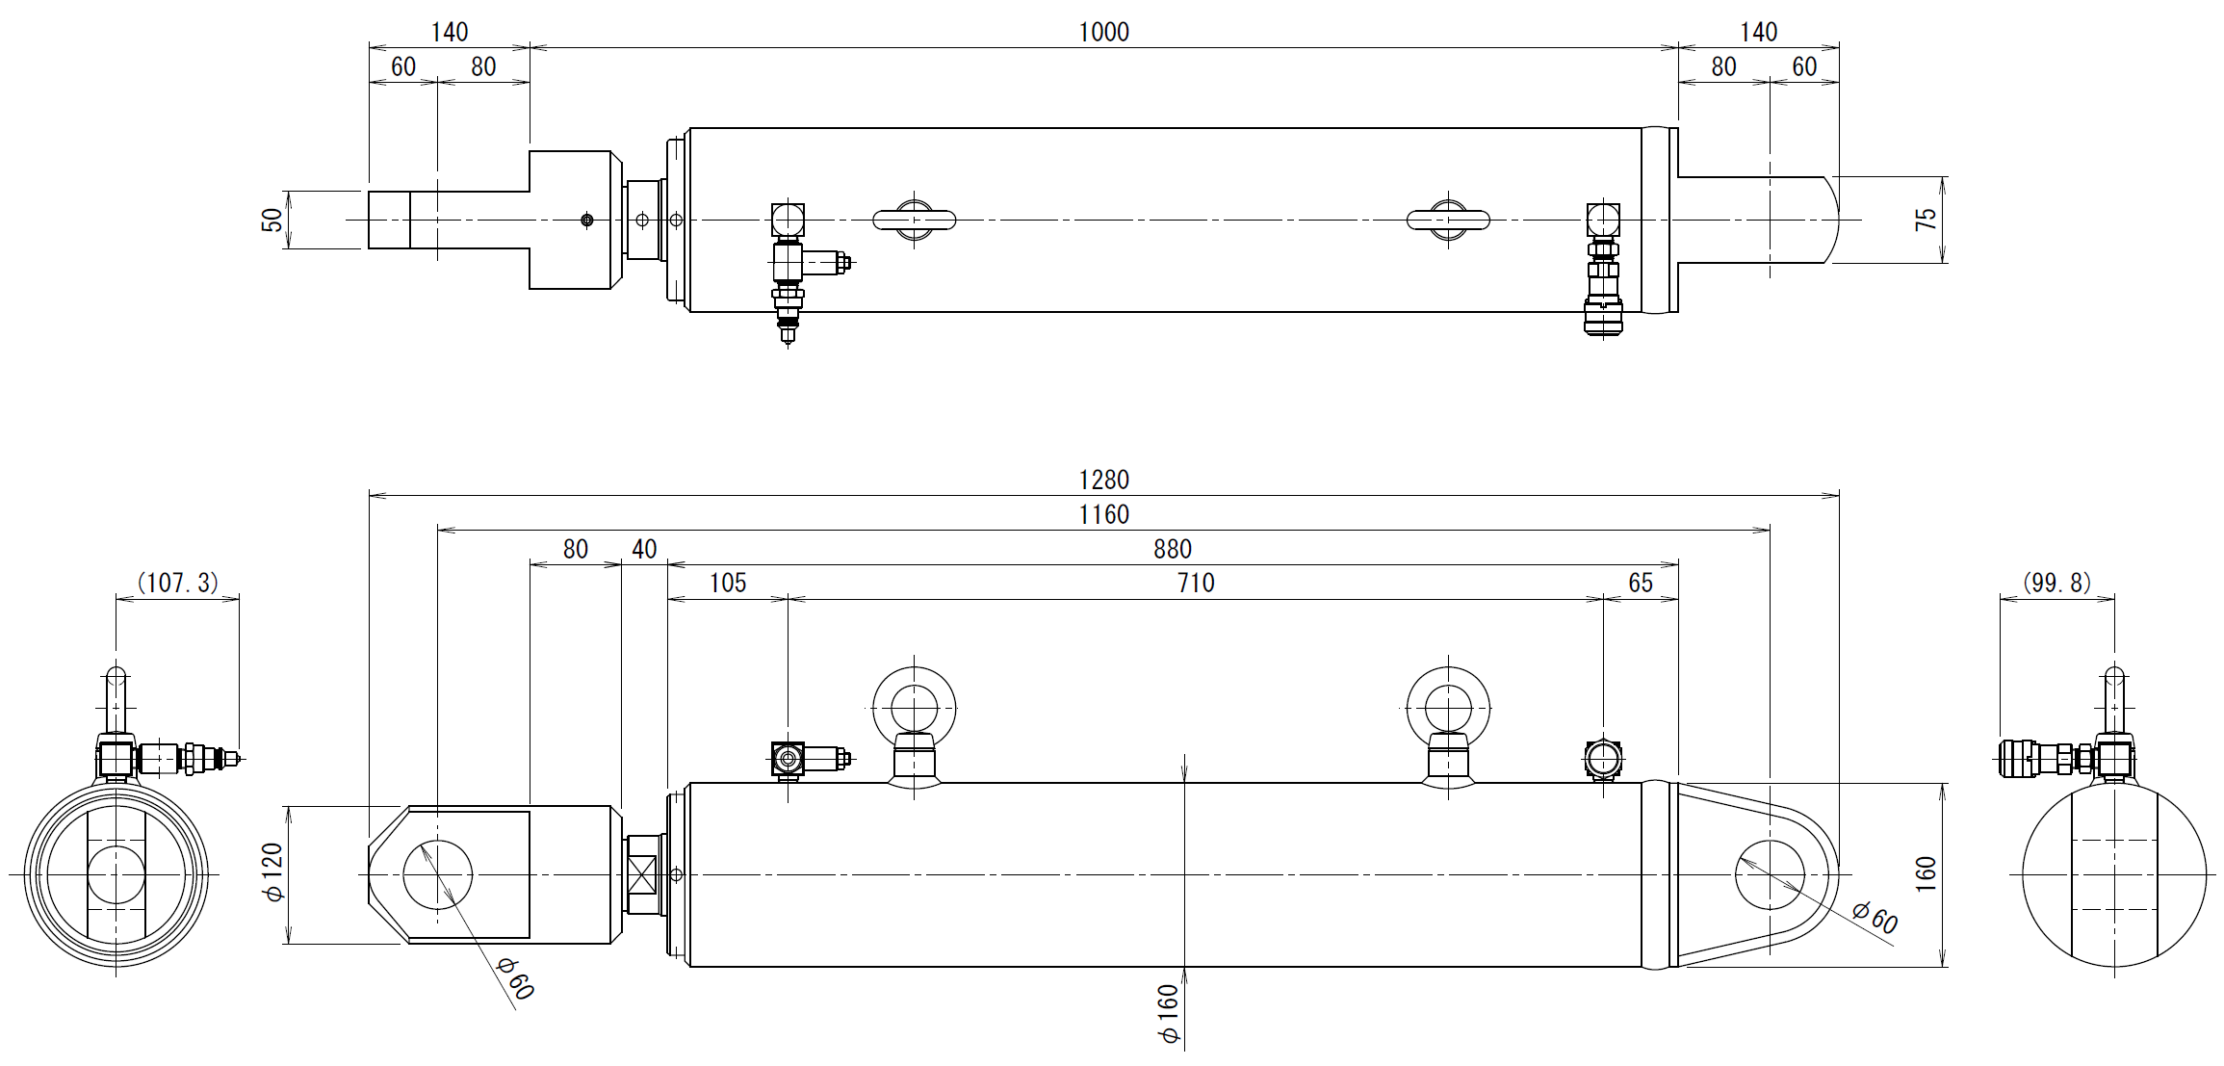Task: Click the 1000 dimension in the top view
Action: coord(1103,33)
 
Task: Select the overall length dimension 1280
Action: coord(1103,481)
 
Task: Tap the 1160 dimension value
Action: coord(1103,515)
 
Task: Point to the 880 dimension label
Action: coord(1173,550)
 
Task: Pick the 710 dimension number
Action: coord(1196,584)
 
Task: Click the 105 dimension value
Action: coord(728,584)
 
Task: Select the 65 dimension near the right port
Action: coord(1641,584)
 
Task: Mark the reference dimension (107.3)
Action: coord(178,584)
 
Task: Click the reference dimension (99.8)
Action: coord(2057,584)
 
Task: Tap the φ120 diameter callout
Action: coord(273,872)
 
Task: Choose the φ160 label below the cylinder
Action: coord(1169,1014)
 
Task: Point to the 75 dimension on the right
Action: coord(1926,220)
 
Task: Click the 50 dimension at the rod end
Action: coord(272,221)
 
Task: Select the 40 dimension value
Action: coord(644,550)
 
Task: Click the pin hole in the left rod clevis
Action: coord(438,874)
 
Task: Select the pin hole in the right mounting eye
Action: coord(1770,874)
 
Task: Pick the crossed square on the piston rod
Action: coord(642,874)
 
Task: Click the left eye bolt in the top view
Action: coord(915,221)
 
